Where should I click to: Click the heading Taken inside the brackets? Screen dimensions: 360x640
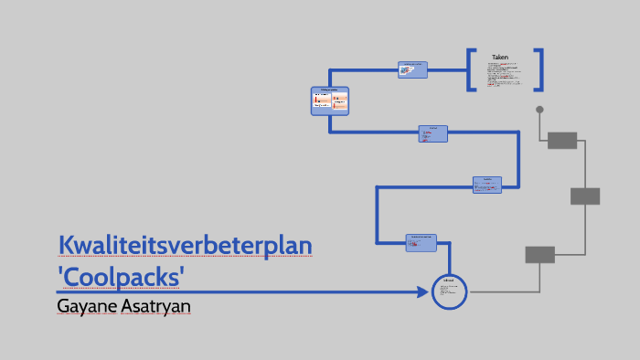499,58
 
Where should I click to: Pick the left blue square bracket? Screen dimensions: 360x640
471,69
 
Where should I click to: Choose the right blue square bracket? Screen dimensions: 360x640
539,69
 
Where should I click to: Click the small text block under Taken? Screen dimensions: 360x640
504,76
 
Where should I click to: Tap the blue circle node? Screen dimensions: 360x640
449,291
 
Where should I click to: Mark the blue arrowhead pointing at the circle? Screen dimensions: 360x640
422,291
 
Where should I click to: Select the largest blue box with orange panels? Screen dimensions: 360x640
330,101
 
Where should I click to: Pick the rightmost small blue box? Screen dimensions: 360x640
487,184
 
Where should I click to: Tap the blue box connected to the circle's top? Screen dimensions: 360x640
421,241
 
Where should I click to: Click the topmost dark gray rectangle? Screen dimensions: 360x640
562,140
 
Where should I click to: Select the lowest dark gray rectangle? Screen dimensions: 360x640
539,254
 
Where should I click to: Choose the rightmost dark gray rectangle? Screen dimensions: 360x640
585,196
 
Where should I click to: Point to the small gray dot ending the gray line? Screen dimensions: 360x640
539,110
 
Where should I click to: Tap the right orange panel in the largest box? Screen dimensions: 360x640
340,101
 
